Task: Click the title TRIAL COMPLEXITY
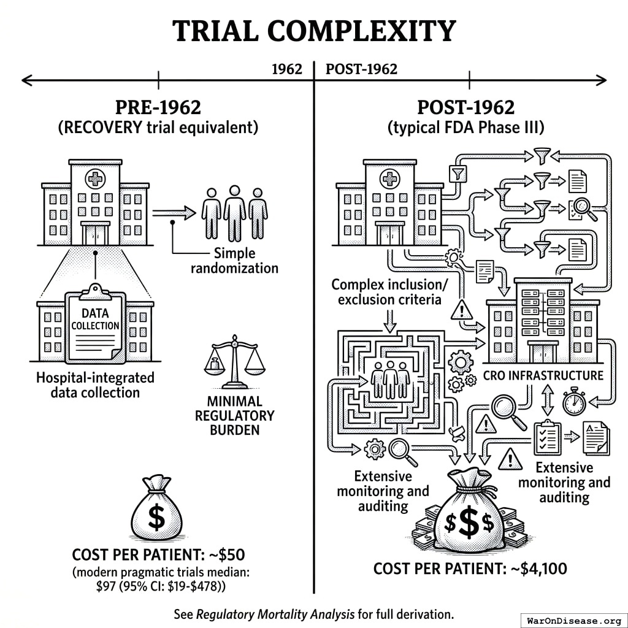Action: (314, 31)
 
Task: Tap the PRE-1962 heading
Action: (158, 107)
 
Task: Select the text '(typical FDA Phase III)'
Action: (465, 128)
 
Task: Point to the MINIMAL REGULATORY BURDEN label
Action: (234, 415)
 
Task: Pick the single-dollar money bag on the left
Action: (157, 513)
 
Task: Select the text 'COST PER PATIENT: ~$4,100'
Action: (470, 569)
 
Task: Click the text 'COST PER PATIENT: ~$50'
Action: (158, 555)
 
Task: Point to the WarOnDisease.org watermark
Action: (573, 619)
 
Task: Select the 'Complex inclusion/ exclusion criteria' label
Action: (386, 292)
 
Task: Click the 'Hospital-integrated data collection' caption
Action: (95, 385)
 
